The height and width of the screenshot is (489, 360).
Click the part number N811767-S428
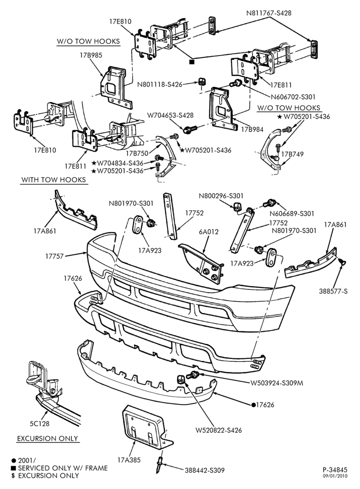(269, 13)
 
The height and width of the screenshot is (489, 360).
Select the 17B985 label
(90, 55)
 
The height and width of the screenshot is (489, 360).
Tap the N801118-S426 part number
(160, 84)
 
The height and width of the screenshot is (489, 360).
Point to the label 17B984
(252, 129)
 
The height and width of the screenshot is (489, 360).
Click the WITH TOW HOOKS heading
(53, 179)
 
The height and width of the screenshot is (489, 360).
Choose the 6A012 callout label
(209, 232)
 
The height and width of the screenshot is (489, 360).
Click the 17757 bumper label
(54, 256)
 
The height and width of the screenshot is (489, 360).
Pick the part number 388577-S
(333, 291)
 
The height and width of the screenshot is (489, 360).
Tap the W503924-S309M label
(277, 383)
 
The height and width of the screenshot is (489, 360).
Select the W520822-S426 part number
(219, 430)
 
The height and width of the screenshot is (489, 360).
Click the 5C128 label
(40, 423)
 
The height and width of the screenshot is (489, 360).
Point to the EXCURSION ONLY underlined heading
(47, 439)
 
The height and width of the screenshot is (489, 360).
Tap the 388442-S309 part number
(204, 470)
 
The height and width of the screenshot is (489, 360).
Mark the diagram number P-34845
(335, 469)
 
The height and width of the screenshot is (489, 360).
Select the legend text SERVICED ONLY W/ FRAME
(63, 468)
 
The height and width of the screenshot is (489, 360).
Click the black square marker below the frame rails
(192, 62)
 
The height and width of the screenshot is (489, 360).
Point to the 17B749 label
(292, 154)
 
